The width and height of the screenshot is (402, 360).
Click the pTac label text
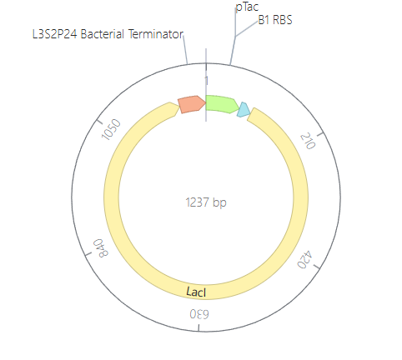247,7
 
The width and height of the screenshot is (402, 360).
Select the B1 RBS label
275,20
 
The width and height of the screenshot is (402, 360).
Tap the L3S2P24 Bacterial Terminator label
108,34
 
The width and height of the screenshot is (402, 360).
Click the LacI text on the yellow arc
196,292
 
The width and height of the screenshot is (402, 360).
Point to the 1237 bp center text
206,202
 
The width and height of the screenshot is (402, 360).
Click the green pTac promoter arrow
222,104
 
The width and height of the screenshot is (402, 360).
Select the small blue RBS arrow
244,110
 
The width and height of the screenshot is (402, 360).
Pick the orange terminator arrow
192,104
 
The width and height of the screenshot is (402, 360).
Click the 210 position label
308,141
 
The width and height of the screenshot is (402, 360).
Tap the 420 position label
305,260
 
